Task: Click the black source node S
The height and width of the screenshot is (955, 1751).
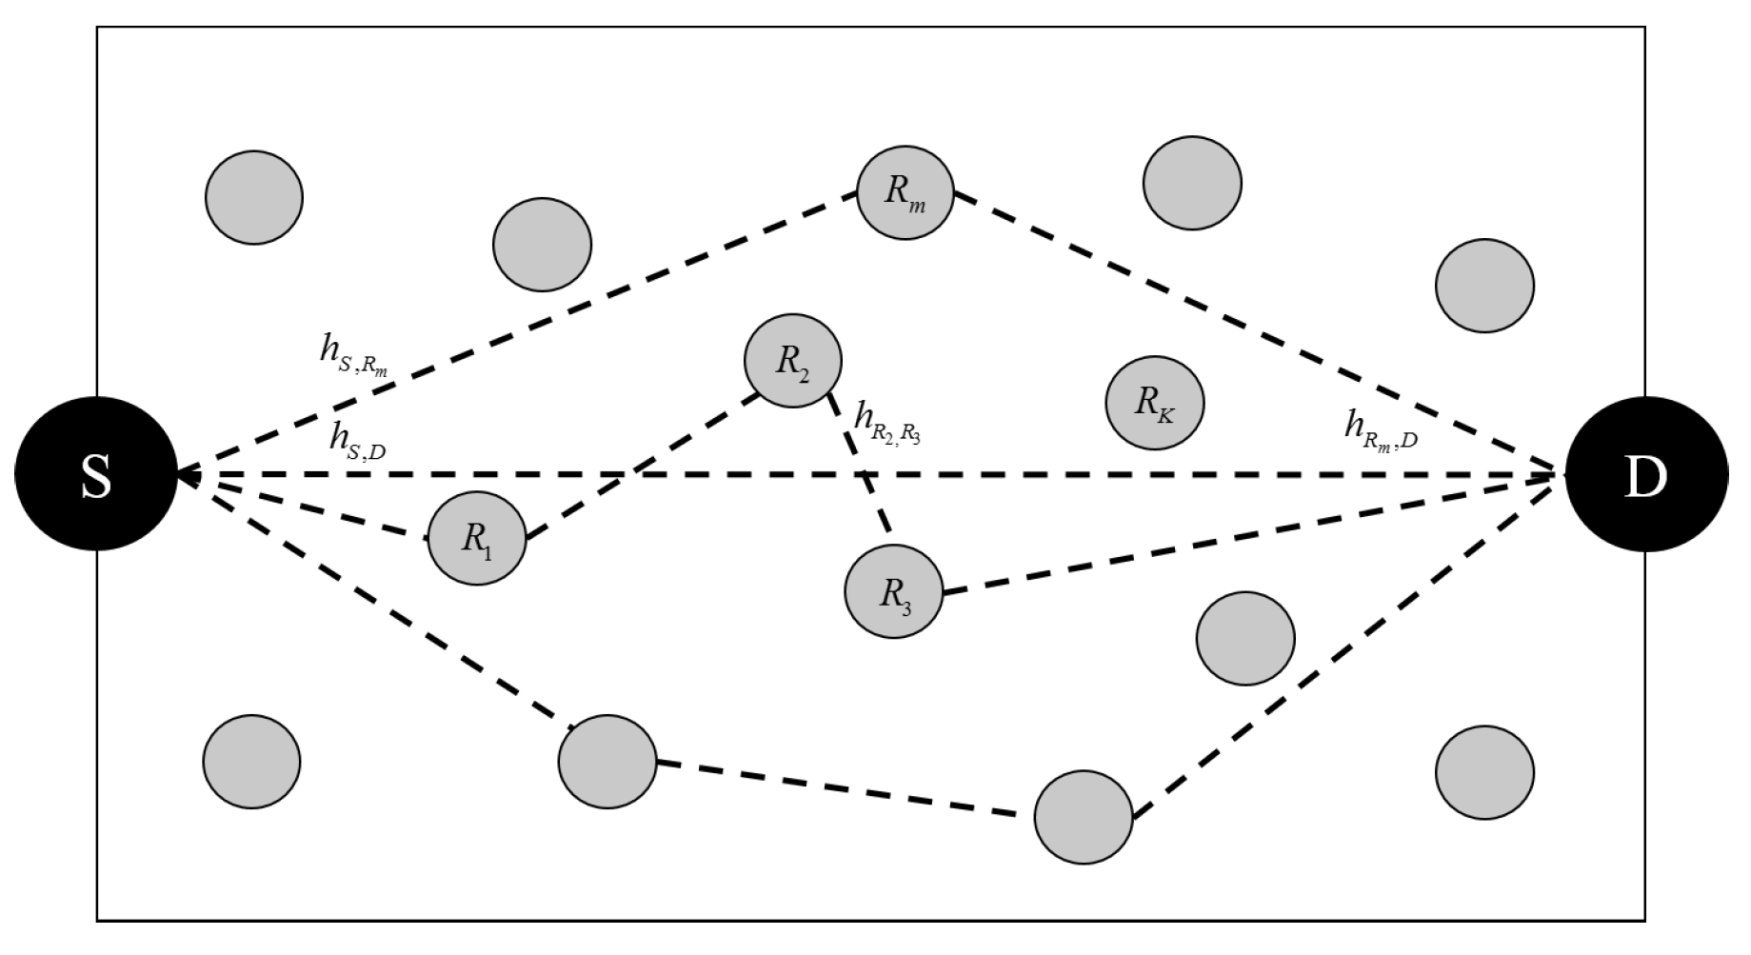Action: [x=96, y=474]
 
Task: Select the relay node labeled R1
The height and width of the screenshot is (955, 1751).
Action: [x=476, y=538]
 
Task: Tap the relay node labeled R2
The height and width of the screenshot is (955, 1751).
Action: [x=792, y=361]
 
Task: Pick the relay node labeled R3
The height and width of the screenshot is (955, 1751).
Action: [x=893, y=591]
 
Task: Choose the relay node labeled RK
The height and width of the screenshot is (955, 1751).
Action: [x=1154, y=402]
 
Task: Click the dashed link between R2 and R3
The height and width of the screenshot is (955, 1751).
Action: [x=860, y=464]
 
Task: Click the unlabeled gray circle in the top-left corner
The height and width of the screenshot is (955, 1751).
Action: [x=254, y=197]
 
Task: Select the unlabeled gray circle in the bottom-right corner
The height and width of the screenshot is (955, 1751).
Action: [x=1484, y=772]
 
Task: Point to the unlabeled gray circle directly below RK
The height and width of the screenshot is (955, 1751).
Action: [x=1245, y=638]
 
